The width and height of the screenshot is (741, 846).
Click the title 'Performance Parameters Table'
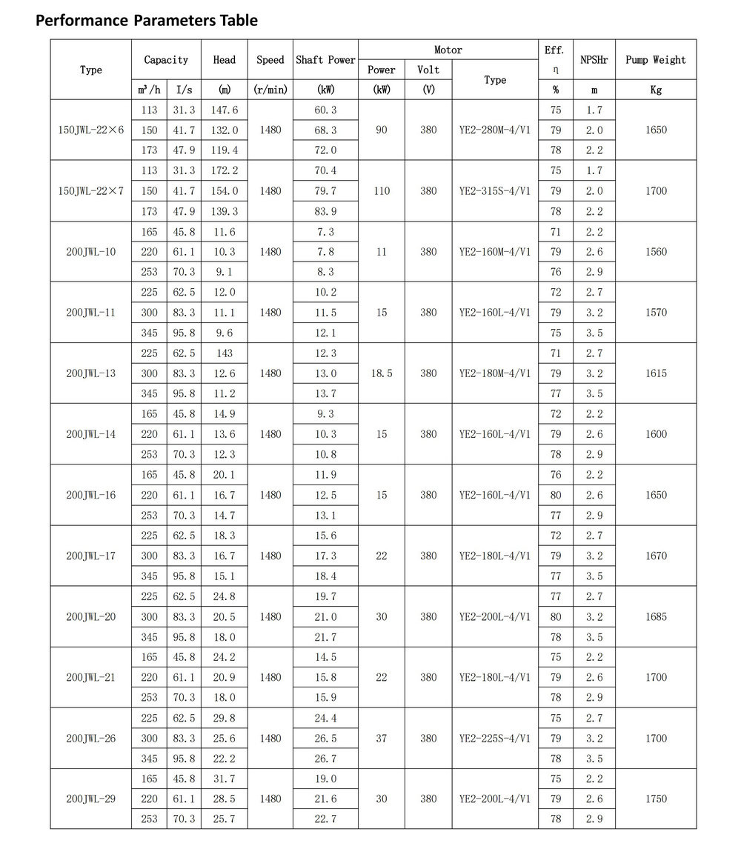coord(147,20)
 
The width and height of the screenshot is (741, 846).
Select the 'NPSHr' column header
coord(594,60)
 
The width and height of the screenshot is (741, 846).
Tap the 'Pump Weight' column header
coord(656,60)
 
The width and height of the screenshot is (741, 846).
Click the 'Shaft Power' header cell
coord(325,60)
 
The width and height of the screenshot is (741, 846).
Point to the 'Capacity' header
coord(166,60)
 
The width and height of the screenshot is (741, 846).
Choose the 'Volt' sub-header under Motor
coord(428,70)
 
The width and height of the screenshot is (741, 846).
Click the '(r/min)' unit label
coord(270,90)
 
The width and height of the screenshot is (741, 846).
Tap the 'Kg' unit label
coord(656,90)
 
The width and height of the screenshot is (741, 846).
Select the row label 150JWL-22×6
coord(91,130)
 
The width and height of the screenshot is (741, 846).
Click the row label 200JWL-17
coord(91,556)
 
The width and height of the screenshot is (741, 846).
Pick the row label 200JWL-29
coord(91,799)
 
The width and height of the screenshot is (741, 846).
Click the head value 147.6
coord(224,110)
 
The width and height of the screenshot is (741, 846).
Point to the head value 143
coord(224,353)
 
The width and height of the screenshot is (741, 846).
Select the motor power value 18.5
coord(382,373)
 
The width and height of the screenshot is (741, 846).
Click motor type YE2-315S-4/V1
coord(495,190)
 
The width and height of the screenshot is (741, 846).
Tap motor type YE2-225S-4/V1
coord(495,738)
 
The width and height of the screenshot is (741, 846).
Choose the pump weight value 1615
coord(656,373)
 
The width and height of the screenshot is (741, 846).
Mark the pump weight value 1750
coord(656,799)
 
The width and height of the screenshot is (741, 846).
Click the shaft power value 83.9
coord(325,211)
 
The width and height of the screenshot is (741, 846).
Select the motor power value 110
coord(382,190)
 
